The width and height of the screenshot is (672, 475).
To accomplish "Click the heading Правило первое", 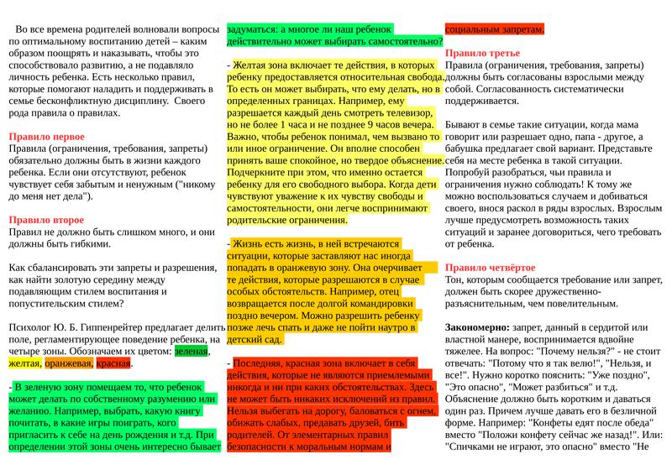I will (46, 136).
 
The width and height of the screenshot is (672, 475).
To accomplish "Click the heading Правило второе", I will (47, 220).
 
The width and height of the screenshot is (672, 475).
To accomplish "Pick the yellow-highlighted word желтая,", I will (24, 364).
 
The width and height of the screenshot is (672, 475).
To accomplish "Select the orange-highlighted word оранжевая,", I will (68, 364).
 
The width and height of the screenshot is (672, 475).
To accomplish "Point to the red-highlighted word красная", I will (113, 364).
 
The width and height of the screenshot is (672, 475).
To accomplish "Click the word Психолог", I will (32, 327).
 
